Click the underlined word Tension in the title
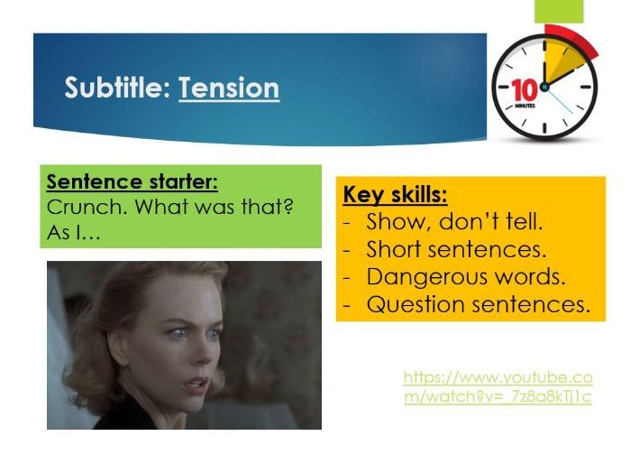coord(229,88)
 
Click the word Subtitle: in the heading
coord(117,88)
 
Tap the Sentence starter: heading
coord(132,182)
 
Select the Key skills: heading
coord(395,195)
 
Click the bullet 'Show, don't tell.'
coord(454,222)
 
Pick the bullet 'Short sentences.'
coord(456,249)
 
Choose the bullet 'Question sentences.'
coord(478,304)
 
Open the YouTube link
coord(498,387)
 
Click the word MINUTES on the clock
coord(525,107)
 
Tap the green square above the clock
coord(559,11)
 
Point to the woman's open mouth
coord(197,379)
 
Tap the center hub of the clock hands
coord(544,87)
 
